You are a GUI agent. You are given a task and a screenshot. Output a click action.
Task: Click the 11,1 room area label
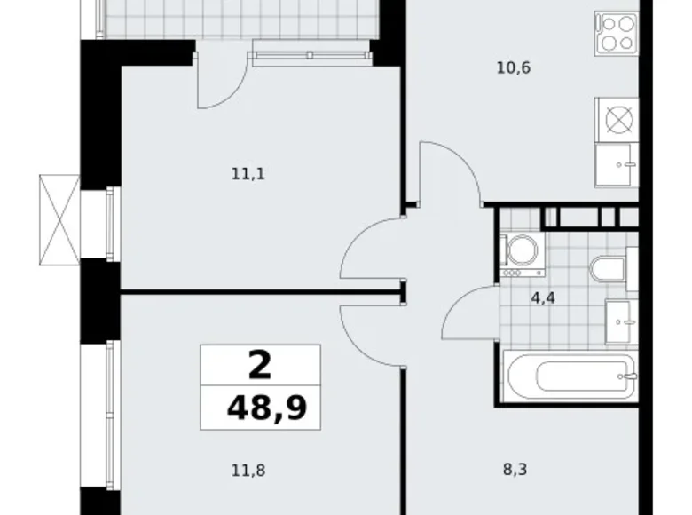(248, 174)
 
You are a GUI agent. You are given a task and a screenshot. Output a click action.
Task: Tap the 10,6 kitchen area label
(514, 68)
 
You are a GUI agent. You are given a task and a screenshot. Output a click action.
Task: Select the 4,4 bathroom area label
(543, 298)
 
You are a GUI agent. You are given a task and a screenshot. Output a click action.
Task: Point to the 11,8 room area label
(248, 471)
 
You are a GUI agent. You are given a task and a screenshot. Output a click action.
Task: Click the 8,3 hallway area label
(515, 470)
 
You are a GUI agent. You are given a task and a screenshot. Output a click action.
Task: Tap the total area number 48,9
(266, 408)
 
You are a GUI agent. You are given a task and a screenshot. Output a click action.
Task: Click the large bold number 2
(259, 366)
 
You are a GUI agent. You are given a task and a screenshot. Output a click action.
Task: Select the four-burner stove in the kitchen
(617, 34)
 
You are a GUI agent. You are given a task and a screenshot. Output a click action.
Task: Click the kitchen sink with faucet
(617, 165)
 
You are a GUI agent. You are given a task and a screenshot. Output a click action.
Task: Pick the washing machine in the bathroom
(523, 255)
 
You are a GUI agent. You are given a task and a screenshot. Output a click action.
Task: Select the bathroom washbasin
(621, 321)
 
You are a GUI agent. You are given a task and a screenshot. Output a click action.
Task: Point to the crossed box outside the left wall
(59, 220)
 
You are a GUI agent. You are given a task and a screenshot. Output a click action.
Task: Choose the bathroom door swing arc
(457, 300)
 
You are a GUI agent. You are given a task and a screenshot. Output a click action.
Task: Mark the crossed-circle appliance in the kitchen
(619, 119)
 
